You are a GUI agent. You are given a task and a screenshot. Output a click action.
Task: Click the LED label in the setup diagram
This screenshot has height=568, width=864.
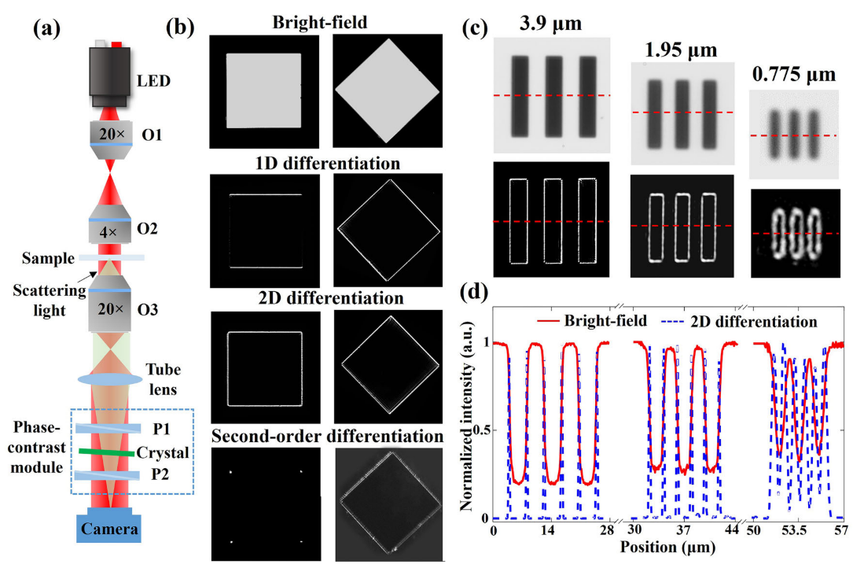point(153,80)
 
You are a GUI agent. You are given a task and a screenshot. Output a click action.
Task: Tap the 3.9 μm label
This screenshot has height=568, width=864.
point(550,23)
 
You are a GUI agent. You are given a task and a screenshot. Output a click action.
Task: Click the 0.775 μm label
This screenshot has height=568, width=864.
point(794,75)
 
